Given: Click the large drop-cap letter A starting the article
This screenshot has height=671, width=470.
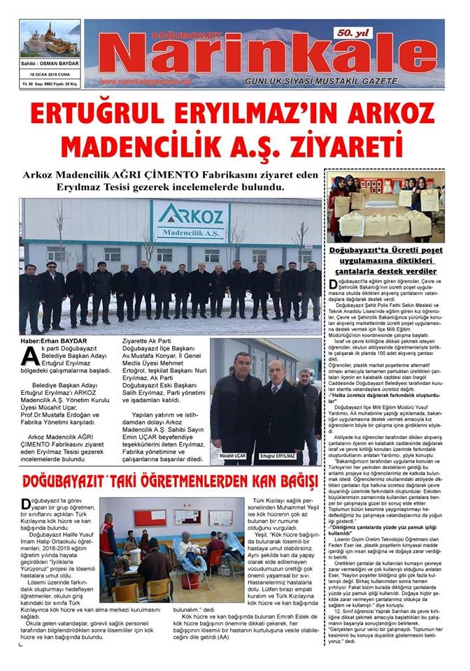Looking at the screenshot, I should click(x=30, y=356).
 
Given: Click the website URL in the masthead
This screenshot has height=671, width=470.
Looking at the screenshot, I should click(x=145, y=82).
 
